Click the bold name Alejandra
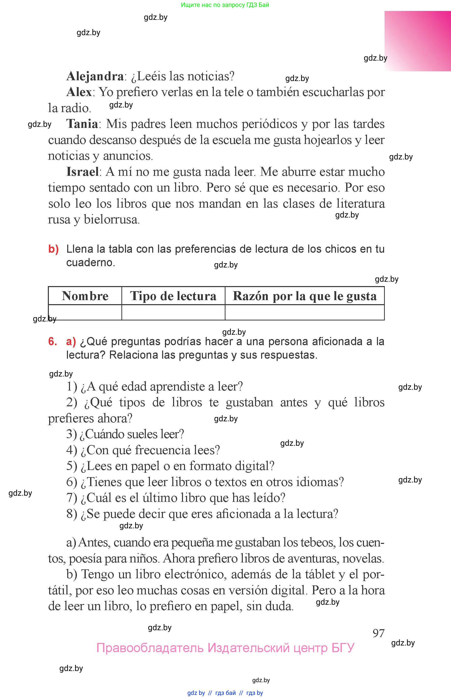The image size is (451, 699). click(95, 76)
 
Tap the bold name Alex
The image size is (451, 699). click(79, 92)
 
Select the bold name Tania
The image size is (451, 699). click(82, 124)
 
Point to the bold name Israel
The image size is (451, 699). click(82, 172)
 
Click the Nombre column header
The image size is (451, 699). click(85, 296)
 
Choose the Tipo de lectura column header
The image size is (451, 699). click(173, 296)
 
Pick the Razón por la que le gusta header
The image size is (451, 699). click(305, 296)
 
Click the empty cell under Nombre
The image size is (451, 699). click(85, 312)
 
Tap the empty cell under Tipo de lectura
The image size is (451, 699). click(173, 312)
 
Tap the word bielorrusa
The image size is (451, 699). click(111, 220)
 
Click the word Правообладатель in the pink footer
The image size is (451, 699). click(150, 648)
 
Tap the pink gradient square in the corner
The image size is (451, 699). click(418, 41)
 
